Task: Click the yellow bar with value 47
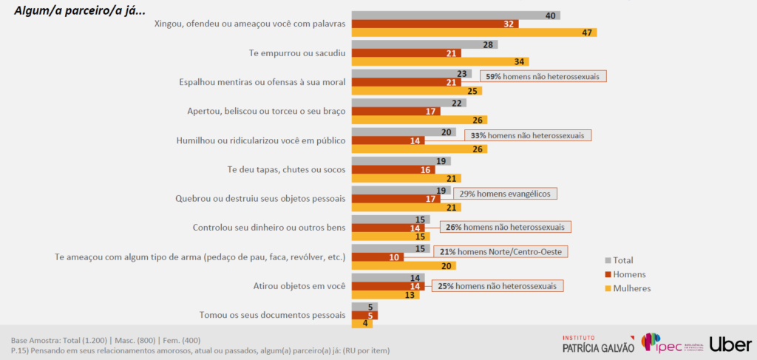[x=474, y=33]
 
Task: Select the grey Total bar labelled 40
[x=455, y=15]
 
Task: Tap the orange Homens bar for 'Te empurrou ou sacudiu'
[x=406, y=52]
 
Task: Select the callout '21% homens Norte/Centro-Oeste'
[x=500, y=251]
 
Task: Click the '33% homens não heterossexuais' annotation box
[x=529, y=135]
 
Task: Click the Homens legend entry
[x=628, y=274]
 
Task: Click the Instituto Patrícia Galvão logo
[x=598, y=344]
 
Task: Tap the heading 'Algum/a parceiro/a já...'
[x=75, y=10]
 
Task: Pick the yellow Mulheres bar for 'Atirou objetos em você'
[x=385, y=294]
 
